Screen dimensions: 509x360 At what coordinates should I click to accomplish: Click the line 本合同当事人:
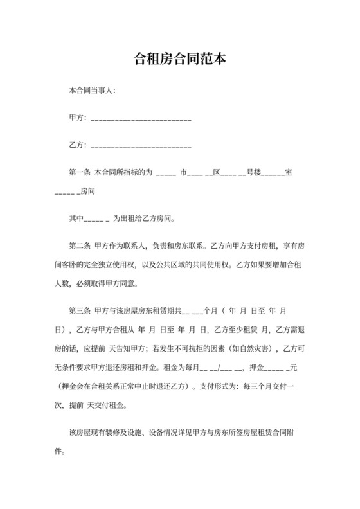[92, 91]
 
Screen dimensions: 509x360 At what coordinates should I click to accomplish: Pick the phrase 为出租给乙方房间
[145, 219]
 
